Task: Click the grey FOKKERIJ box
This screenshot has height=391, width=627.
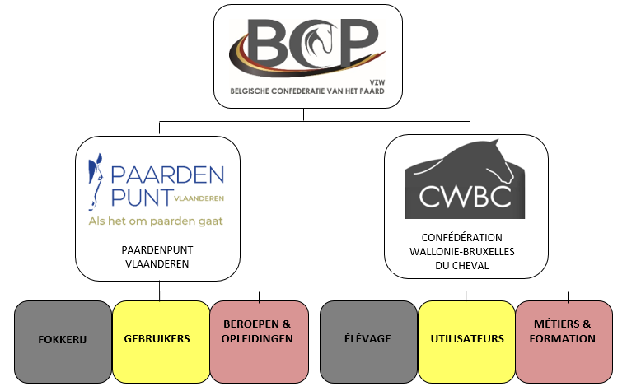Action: click(63, 338)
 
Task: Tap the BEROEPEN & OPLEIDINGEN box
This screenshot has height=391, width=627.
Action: click(258, 338)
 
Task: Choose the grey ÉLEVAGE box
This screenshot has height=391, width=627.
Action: click(368, 338)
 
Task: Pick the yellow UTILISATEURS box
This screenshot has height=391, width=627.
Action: click(466, 338)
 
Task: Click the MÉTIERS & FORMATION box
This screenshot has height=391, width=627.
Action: click(564, 338)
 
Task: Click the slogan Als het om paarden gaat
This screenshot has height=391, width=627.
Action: click(156, 221)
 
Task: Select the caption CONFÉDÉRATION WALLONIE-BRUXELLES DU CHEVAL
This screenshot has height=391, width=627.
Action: click(466, 250)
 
